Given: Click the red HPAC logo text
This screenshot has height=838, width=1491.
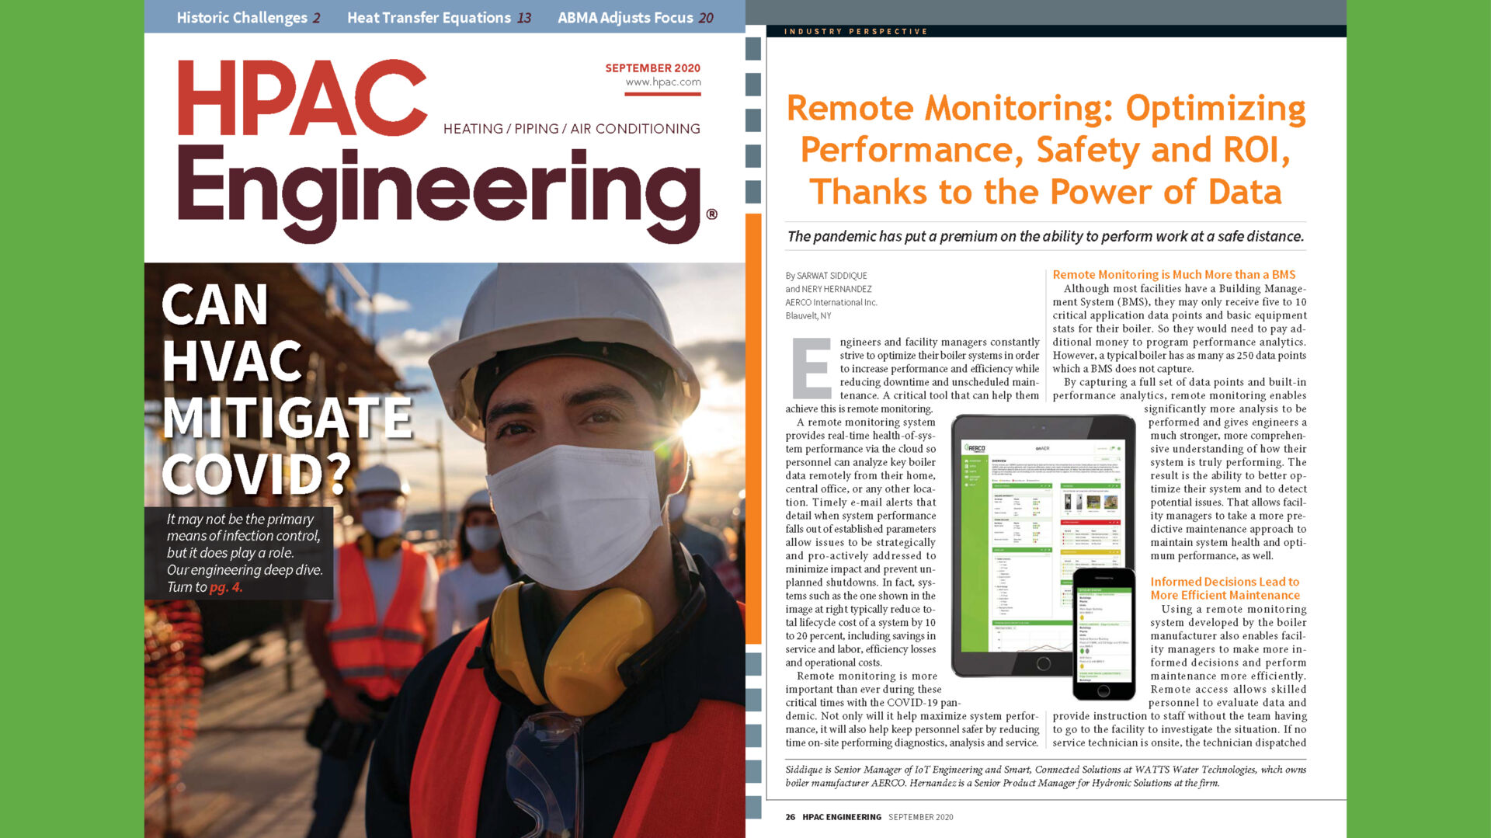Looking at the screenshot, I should pyautogui.click(x=301, y=98).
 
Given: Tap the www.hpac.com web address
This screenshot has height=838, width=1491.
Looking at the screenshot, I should pyautogui.click(x=663, y=82).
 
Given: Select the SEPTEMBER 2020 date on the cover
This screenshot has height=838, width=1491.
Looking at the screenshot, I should pyautogui.click(x=652, y=68).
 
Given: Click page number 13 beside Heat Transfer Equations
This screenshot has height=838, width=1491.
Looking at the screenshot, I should pyautogui.click(x=524, y=17).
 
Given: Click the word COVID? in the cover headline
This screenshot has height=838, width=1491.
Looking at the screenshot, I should pyautogui.click(x=255, y=473).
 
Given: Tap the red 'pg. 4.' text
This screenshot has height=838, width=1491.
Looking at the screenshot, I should pyautogui.click(x=226, y=587).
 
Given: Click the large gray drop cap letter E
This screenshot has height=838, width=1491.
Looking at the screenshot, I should pyautogui.click(x=811, y=368).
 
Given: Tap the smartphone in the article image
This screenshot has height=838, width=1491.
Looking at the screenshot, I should pyautogui.click(x=1103, y=633).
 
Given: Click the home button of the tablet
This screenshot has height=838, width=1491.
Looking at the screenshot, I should pyautogui.click(x=1043, y=663).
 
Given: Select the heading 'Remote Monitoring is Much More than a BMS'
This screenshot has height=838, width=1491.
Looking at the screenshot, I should pyautogui.click(x=1173, y=274).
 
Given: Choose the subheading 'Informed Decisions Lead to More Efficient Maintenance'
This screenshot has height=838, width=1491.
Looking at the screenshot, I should pyautogui.click(x=1225, y=588).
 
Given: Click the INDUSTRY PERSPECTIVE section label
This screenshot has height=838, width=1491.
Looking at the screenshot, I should pyautogui.click(x=855, y=31).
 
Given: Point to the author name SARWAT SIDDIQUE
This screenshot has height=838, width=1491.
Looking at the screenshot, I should pyautogui.click(x=832, y=276).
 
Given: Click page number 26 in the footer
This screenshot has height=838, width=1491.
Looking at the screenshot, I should pyautogui.click(x=790, y=817).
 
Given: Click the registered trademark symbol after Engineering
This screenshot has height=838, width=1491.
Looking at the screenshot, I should pyautogui.click(x=711, y=214).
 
